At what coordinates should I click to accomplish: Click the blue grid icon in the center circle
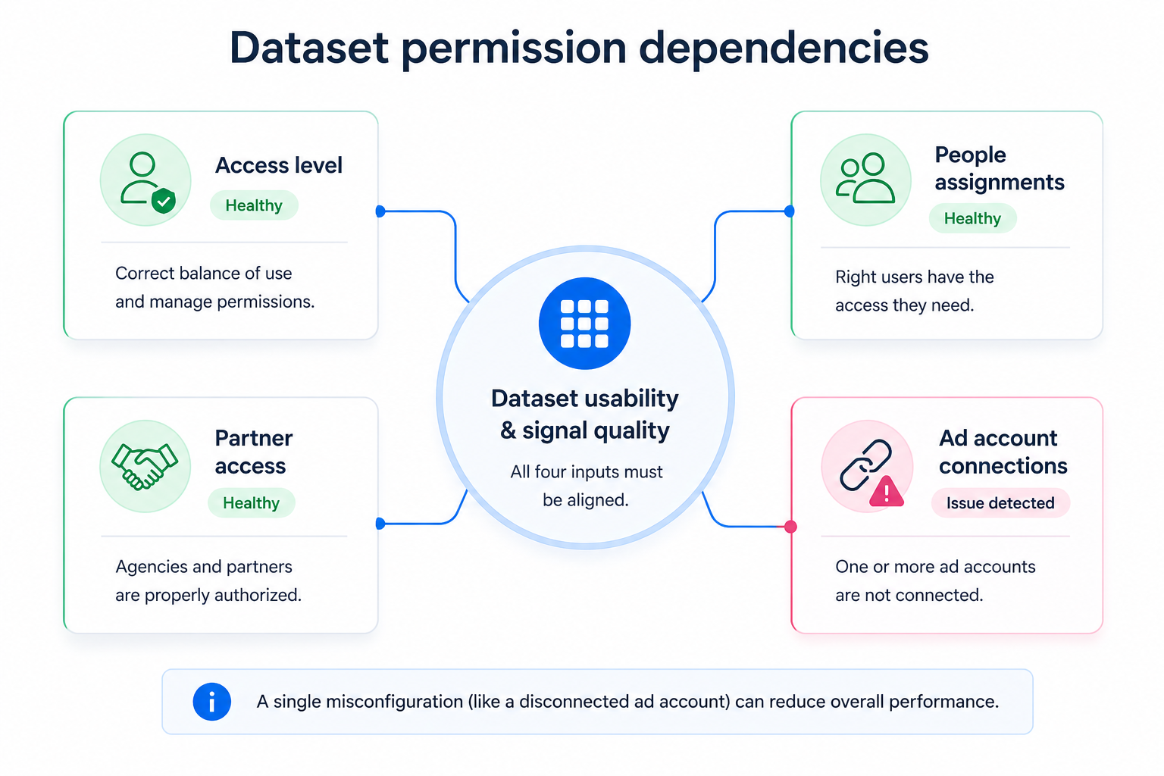point(584,324)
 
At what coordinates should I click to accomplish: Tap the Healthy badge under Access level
point(254,205)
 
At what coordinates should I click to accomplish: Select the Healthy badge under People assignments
point(972,218)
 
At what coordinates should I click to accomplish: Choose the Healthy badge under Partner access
point(251,503)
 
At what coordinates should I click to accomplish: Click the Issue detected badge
point(1000,503)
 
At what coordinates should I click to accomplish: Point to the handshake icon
point(145,466)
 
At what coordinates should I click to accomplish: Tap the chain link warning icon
point(867,466)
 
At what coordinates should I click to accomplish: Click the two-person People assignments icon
point(865,179)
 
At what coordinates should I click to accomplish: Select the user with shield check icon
point(145,180)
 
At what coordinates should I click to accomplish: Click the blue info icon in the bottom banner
point(211,702)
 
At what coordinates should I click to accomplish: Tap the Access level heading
point(278,165)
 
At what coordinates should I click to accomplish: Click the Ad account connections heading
point(1003,452)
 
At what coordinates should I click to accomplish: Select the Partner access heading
point(253,452)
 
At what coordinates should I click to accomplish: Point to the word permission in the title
point(513,48)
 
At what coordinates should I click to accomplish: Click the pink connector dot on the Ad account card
point(790,527)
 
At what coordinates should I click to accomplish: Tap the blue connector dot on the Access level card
point(380,211)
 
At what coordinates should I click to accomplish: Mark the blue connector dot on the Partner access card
point(380,524)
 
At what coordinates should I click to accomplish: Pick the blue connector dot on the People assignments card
point(790,211)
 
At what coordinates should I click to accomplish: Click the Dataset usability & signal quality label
point(584,415)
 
